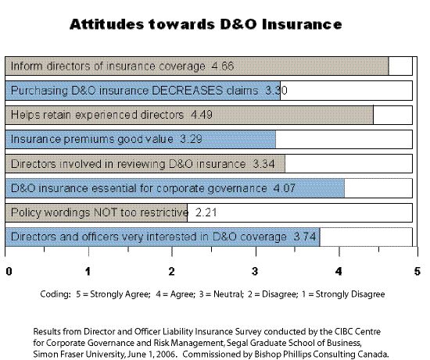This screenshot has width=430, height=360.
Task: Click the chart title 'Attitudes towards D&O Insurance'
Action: pyautogui.click(x=206, y=23)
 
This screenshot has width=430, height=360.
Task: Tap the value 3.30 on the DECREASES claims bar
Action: pyautogui.click(x=277, y=91)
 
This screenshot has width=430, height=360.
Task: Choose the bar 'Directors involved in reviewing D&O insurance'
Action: pyautogui.click(x=145, y=164)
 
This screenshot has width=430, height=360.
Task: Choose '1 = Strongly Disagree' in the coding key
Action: pyautogui.click(x=346, y=294)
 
